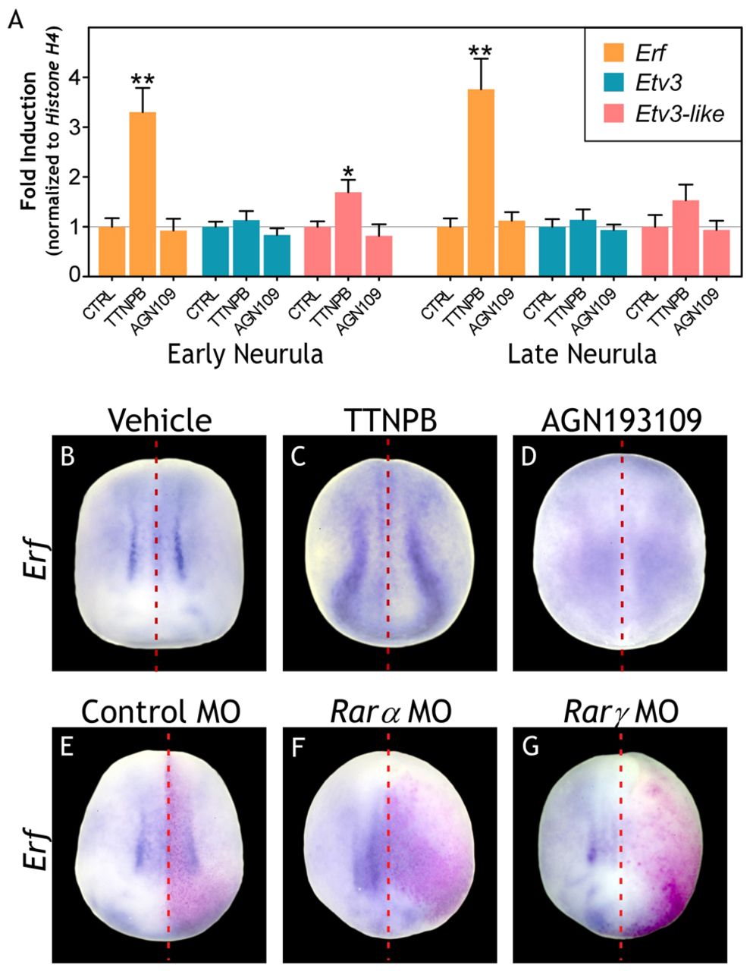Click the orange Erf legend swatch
611,52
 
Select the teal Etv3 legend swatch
611,83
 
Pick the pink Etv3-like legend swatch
611,114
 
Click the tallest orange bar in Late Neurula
481,182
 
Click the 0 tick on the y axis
76,276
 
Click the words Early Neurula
246,354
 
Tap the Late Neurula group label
582,354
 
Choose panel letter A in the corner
15,20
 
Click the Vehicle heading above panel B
159,419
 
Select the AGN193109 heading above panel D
620,419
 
